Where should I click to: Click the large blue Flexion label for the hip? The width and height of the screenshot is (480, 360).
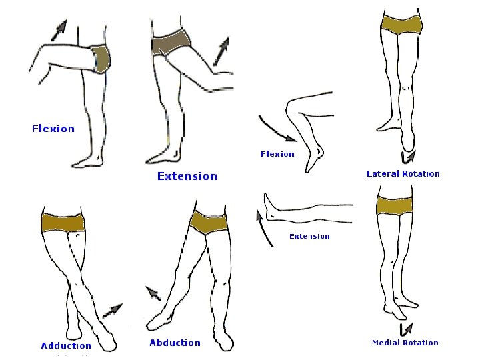coord(53,129)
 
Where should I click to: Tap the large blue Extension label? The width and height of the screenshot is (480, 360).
coord(187,176)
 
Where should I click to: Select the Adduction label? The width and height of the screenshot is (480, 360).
coord(66,345)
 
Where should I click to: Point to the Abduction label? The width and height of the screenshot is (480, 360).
coord(175,343)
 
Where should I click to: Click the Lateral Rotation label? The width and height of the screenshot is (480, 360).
coord(403,173)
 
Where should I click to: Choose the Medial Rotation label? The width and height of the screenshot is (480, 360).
coord(405,343)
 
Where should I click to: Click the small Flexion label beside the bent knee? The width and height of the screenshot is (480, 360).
coord(277,154)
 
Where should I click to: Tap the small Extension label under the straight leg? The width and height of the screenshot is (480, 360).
coord(309,236)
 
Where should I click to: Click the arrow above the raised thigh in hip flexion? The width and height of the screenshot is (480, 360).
coord(61,27)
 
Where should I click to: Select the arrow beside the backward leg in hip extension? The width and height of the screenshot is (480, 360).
coord(222,51)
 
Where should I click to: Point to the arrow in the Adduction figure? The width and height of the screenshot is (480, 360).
coord(112,310)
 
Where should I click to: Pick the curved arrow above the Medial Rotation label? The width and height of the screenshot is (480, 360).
coord(406,328)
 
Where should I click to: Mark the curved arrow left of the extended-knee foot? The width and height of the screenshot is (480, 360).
coord(263,226)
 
